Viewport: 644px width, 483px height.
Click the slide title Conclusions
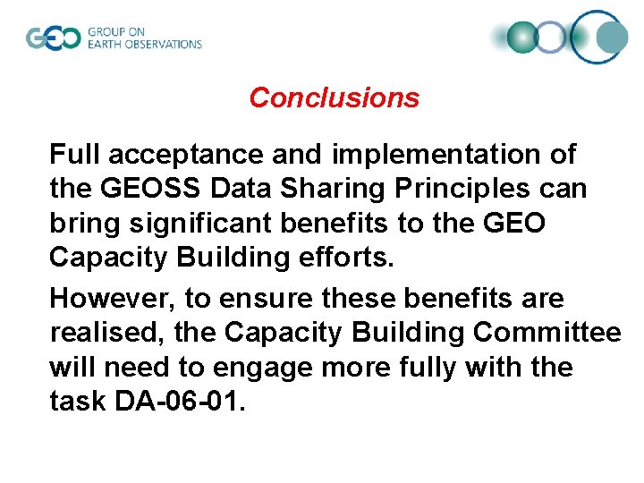[334, 97]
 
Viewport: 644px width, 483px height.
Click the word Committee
[547, 333]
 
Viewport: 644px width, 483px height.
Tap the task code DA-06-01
[177, 402]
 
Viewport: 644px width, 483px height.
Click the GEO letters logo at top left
[53, 38]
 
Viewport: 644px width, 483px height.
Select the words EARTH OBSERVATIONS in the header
[145, 44]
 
